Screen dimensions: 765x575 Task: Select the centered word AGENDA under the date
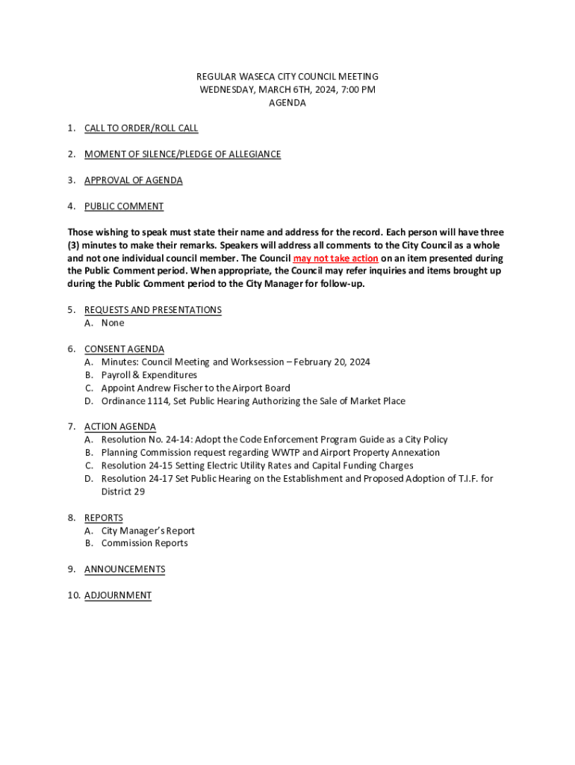click(x=287, y=103)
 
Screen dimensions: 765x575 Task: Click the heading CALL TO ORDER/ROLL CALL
click(x=141, y=128)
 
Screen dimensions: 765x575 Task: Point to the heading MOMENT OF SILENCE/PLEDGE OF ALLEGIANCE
click(x=182, y=155)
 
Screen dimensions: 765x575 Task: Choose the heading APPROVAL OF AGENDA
click(x=133, y=181)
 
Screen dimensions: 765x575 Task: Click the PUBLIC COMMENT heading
click(x=124, y=207)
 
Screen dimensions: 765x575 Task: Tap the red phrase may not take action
click(x=335, y=258)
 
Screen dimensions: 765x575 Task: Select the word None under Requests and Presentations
click(x=113, y=323)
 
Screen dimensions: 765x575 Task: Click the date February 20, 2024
click(x=332, y=362)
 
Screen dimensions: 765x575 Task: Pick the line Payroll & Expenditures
click(x=149, y=375)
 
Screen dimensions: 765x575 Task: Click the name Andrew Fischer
click(x=170, y=388)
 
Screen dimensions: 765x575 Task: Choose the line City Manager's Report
click(x=148, y=531)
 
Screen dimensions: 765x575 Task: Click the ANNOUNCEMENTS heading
click(x=125, y=569)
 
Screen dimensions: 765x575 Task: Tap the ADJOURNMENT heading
click(x=118, y=595)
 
